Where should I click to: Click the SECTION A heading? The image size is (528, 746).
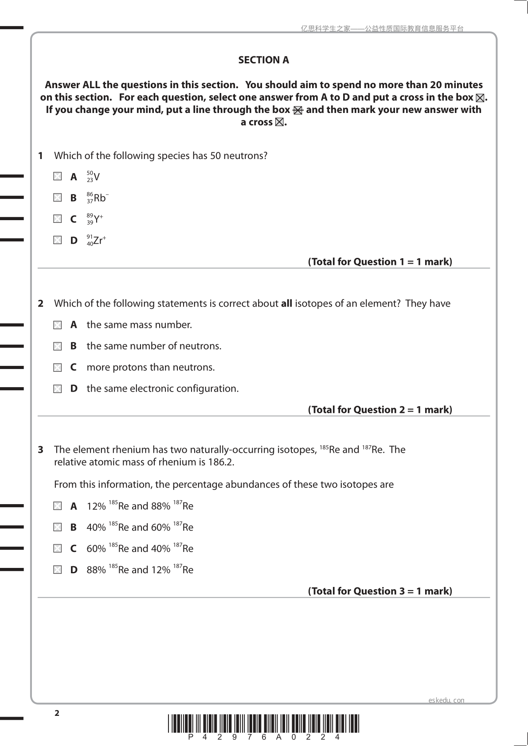pyautogui.click(x=263, y=60)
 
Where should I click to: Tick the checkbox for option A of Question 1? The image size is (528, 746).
pyautogui.click(x=58, y=176)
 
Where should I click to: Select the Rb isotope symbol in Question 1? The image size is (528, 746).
pyautogui.click(x=98, y=198)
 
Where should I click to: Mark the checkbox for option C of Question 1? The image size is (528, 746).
pyautogui.click(x=58, y=219)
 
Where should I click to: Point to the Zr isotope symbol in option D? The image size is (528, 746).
pyautogui.click(x=96, y=241)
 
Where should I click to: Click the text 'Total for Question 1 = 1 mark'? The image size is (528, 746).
pyautogui.click(x=380, y=262)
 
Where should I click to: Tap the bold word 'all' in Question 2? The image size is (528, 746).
pyautogui.click(x=286, y=303)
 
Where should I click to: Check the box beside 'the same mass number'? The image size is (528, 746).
pyautogui.click(x=58, y=325)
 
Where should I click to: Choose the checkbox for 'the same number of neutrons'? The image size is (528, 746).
pyautogui.click(x=58, y=346)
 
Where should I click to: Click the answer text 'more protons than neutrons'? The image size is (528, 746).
pyautogui.click(x=151, y=367)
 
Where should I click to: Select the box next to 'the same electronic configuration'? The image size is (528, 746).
pyautogui.click(x=58, y=389)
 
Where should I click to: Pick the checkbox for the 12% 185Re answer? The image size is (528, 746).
pyautogui.click(x=58, y=506)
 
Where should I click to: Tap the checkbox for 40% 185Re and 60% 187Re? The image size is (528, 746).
pyautogui.click(x=58, y=527)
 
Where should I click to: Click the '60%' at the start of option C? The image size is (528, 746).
pyautogui.click(x=96, y=549)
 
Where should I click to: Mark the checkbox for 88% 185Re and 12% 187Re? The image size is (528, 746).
pyautogui.click(x=58, y=570)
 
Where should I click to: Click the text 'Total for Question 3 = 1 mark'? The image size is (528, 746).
pyautogui.click(x=380, y=591)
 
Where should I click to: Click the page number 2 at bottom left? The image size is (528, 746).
pyautogui.click(x=57, y=713)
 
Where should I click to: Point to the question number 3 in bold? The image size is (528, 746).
pyautogui.click(x=41, y=450)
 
